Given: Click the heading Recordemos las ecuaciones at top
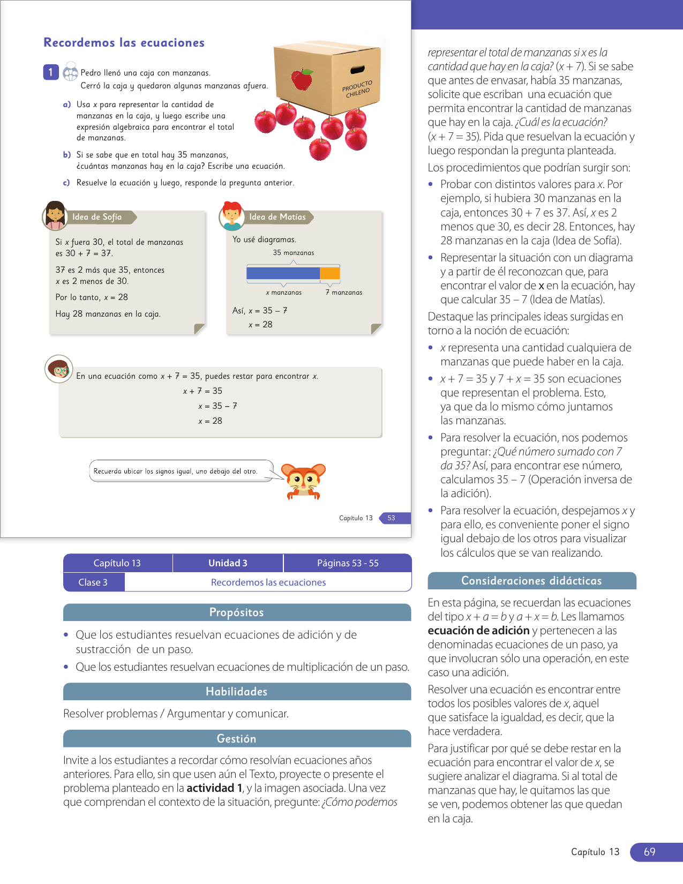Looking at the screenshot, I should click(x=124, y=43).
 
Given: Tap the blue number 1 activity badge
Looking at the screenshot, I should click(x=51, y=72).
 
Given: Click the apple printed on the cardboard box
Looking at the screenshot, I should click(x=302, y=79).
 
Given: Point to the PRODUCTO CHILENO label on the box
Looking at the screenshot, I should click(x=357, y=89).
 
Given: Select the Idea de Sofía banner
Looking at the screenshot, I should click(x=97, y=217).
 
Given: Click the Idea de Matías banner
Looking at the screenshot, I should click(x=277, y=217).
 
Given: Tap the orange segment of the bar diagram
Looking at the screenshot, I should click(x=330, y=273).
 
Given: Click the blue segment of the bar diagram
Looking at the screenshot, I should click(x=283, y=273).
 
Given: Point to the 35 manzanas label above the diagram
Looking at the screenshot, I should click(x=294, y=253).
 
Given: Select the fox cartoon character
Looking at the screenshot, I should click(x=304, y=480).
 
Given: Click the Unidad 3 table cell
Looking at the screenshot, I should click(x=228, y=563).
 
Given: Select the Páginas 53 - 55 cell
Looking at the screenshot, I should click(x=348, y=563).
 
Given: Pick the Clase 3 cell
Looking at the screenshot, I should click(x=93, y=582).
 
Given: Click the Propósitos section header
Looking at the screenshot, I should click(x=237, y=612).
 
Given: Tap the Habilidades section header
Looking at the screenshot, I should click(x=237, y=692).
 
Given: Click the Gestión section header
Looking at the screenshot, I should click(x=237, y=739).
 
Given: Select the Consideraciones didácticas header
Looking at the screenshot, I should click(x=531, y=581).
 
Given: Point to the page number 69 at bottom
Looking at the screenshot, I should click(x=650, y=852).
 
